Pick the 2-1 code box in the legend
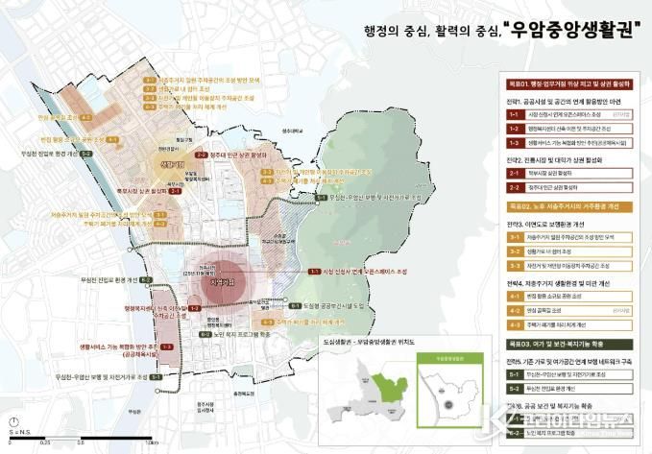(x=515, y=174)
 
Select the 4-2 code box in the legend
(x=515, y=311)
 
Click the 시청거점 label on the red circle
(x=223, y=284)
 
